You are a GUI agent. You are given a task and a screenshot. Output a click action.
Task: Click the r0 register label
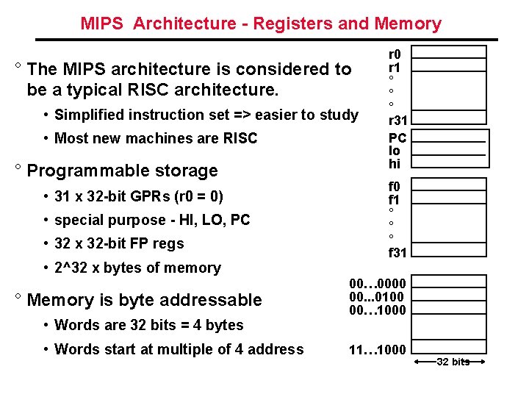pos(395,54)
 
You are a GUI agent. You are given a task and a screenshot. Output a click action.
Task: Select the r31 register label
pos(398,121)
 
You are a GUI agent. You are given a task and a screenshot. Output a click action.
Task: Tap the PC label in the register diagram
pos(397,137)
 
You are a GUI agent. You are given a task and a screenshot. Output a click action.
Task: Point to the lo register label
pos(395,151)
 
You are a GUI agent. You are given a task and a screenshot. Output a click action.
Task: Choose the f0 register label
pos(395,186)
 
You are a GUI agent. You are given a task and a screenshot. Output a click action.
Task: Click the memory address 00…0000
pos(378,283)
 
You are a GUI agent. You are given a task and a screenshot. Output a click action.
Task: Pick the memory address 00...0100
pos(378,296)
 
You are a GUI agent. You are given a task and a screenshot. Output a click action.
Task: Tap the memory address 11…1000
pos(378,349)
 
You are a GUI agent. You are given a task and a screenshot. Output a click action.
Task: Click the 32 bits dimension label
pos(453,362)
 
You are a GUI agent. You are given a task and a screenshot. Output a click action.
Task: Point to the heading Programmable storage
pos(122,171)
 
